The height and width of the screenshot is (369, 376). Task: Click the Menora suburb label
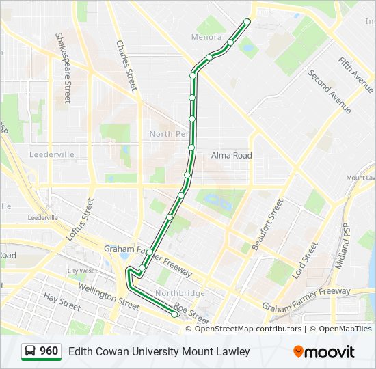(x=206, y=37)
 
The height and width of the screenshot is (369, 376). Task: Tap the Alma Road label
(x=231, y=156)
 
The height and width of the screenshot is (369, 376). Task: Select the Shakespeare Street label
(x=64, y=67)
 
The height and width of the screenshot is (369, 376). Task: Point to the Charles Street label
(x=127, y=65)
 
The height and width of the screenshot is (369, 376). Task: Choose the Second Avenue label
(x=330, y=92)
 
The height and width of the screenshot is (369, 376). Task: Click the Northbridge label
(x=180, y=293)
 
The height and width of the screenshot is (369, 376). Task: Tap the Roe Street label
(x=191, y=313)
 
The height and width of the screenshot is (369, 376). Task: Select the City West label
(x=81, y=271)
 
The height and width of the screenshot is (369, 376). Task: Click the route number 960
(x=49, y=351)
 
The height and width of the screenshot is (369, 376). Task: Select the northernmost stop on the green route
(x=247, y=22)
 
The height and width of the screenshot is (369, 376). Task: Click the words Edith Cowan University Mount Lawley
(x=159, y=352)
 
